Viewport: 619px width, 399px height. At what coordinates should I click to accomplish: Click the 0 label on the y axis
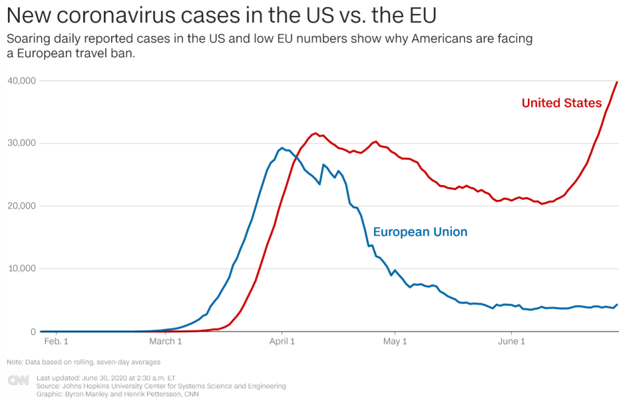31,331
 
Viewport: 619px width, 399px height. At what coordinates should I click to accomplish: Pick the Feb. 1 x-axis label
56,342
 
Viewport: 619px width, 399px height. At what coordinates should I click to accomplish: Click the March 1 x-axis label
166,342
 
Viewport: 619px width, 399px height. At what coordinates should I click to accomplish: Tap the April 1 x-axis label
282,342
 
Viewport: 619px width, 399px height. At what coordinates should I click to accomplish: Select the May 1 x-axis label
395,342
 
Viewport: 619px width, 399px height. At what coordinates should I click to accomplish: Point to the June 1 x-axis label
512,342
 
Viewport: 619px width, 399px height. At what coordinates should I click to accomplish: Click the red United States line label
561,103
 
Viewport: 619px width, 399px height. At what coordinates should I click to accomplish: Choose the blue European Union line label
420,232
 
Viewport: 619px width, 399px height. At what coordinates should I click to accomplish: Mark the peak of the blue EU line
282,148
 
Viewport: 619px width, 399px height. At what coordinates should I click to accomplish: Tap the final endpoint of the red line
617,82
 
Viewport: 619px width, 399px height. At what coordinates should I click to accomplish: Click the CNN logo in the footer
19,380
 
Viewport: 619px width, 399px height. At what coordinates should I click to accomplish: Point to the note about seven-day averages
83,362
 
